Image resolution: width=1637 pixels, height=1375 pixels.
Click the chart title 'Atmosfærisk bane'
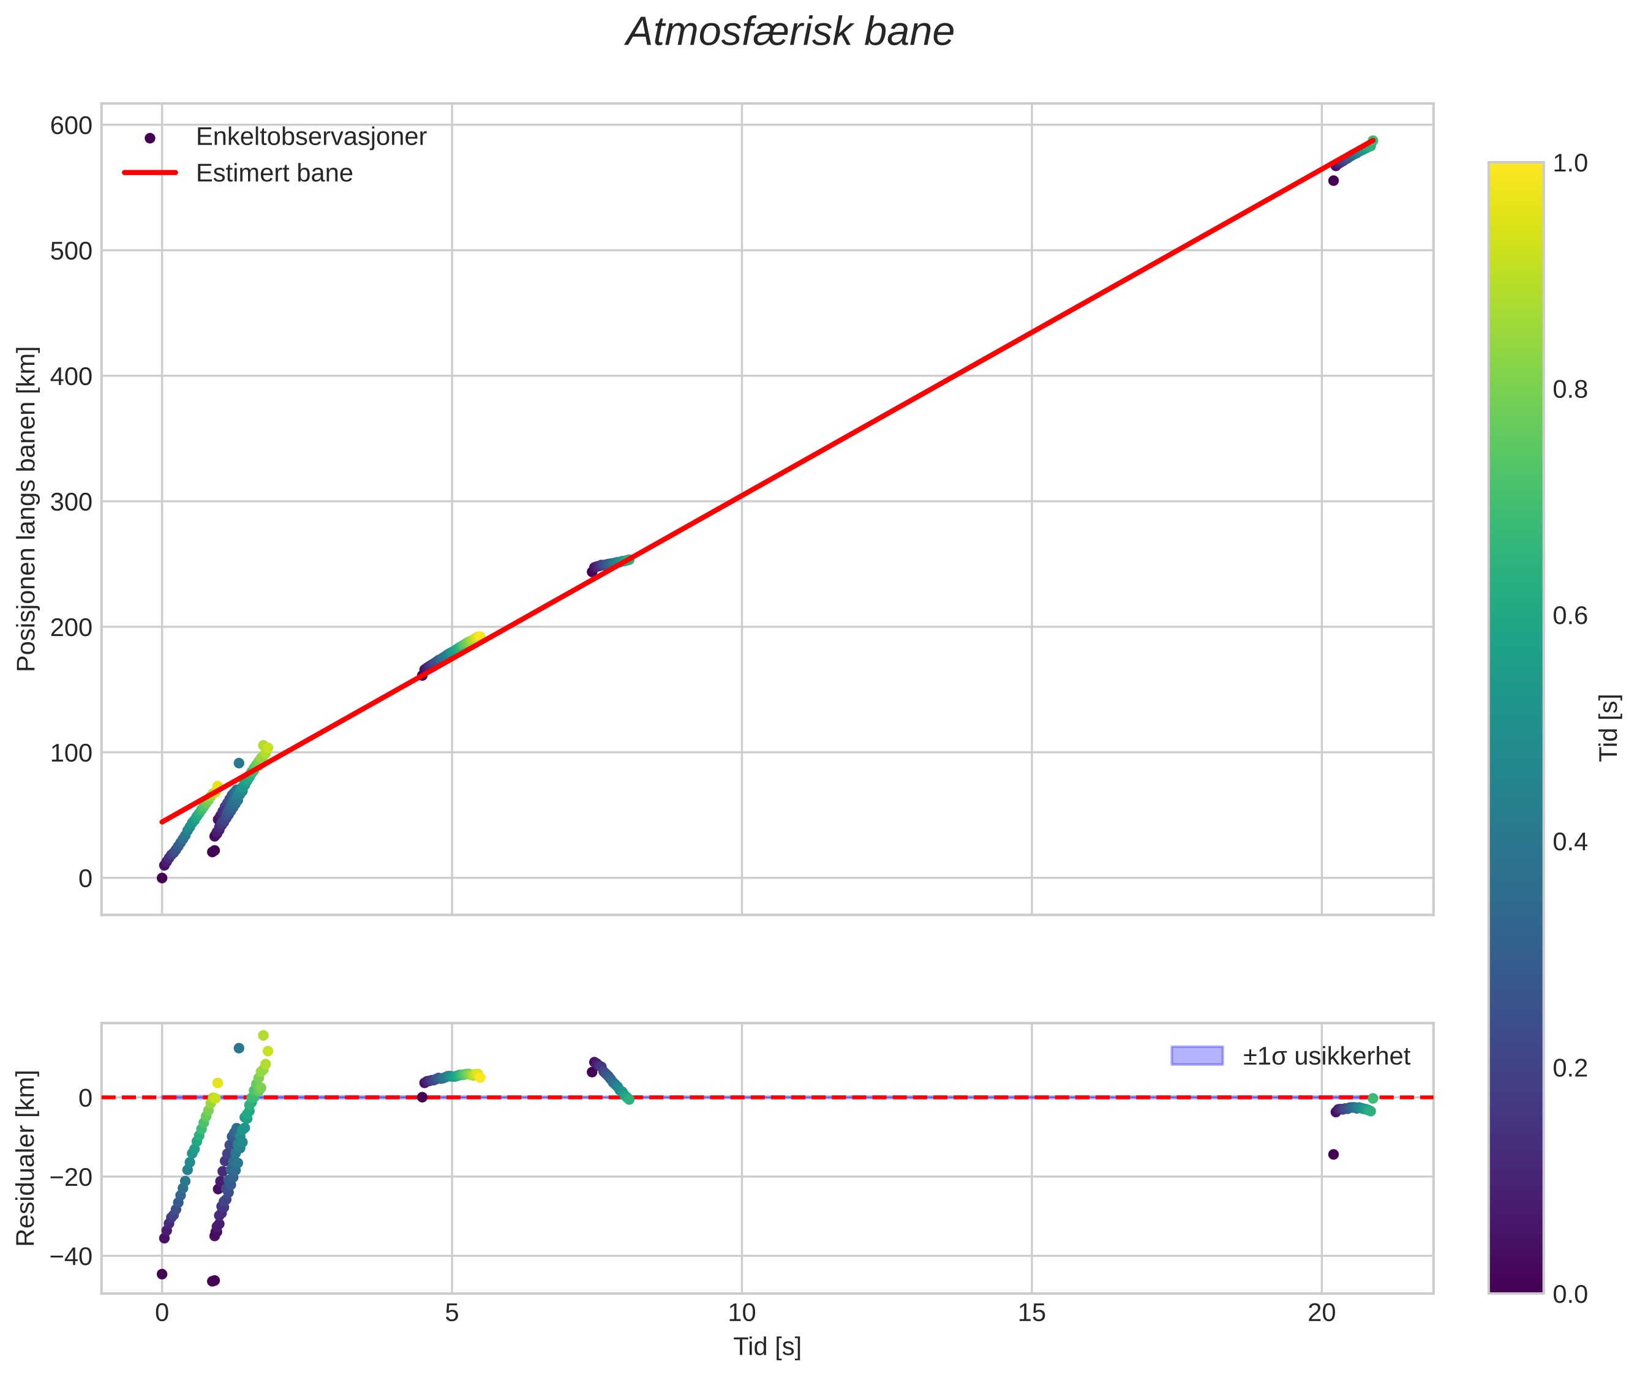click(789, 32)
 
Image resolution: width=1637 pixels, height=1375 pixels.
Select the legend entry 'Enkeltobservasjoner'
click(310, 137)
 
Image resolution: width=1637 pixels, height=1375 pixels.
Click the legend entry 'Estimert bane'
click(274, 173)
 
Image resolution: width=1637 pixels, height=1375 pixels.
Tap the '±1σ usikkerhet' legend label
click(1326, 1056)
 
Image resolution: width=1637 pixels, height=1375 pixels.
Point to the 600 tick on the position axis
click(71, 126)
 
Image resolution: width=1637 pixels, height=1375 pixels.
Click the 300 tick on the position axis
click(71, 502)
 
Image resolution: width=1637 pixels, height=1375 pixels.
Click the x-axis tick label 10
click(742, 1313)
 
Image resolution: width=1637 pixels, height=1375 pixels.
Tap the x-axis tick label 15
click(1032, 1313)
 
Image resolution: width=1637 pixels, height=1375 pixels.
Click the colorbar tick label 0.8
click(1570, 389)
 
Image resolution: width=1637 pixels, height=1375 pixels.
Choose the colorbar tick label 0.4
click(1570, 842)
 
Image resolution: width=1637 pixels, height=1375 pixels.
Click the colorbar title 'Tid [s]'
click(1609, 727)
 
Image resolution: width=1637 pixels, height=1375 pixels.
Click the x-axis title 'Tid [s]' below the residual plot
click(767, 1347)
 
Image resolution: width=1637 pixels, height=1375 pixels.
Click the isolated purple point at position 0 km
click(162, 878)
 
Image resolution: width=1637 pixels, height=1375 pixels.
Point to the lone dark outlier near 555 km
click(1334, 181)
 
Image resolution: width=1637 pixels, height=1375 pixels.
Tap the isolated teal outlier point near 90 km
click(239, 763)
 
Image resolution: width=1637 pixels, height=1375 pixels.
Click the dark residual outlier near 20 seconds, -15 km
click(1334, 1155)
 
